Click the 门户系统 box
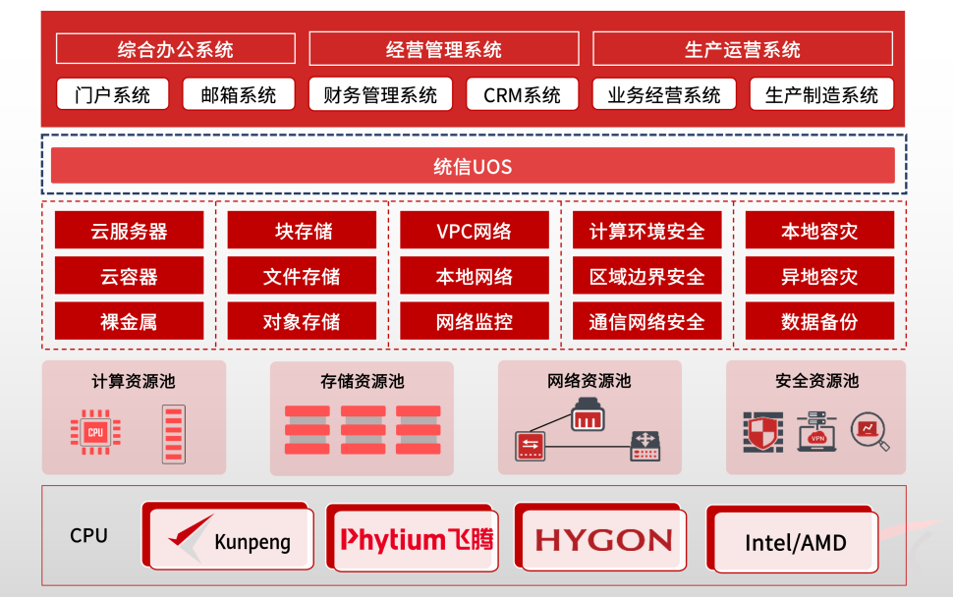click(x=112, y=95)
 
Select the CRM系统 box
click(x=522, y=95)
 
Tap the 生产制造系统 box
click(x=821, y=95)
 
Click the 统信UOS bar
click(x=473, y=166)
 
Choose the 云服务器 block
click(x=129, y=231)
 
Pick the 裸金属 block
click(x=129, y=321)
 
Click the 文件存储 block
click(x=302, y=276)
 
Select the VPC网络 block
click(x=474, y=231)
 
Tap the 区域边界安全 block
click(x=646, y=276)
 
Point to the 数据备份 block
click(x=819, y=321)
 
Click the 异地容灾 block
click(x=819, y=276)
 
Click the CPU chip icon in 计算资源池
click(x=95, y=431)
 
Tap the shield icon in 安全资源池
click(x=764, y=431)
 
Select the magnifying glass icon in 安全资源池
click(x=869, y=431)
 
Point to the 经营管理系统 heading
click(x=443, y=49)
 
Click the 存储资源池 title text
click(x=362, y=381)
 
